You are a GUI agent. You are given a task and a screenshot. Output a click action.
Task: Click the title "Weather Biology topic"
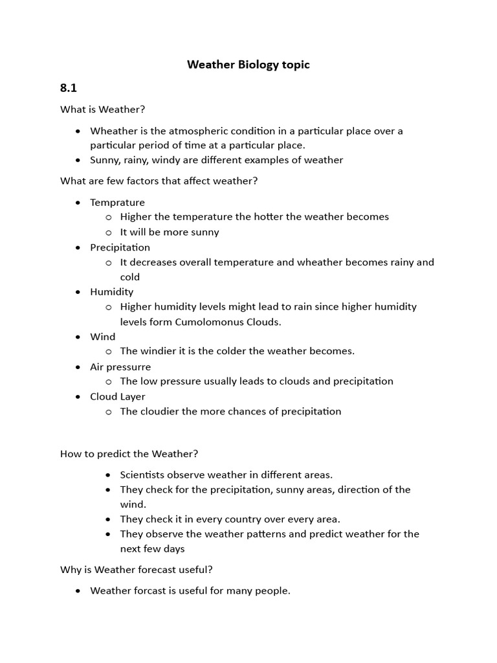(248, 65)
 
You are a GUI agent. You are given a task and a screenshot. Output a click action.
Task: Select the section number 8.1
(69, 87)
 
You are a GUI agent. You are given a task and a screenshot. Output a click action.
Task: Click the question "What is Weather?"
(103, 109)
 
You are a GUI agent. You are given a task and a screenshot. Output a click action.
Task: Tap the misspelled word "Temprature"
(117, 203)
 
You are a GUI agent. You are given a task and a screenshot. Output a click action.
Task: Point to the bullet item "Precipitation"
(120, 247)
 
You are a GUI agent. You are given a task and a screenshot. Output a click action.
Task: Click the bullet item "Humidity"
(111, 292)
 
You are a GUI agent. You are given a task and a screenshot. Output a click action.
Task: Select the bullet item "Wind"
(102, 337)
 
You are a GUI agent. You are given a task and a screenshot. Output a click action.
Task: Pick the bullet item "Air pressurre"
(120, 367)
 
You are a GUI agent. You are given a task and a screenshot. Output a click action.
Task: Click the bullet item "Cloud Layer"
(118, 397)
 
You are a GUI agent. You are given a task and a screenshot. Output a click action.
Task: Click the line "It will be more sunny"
(170, 232)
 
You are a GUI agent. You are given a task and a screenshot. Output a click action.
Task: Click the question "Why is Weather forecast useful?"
(137, 570)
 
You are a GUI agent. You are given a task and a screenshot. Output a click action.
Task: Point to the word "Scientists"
(144, 475)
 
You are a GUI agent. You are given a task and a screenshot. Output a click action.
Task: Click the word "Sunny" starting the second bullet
(104, 160)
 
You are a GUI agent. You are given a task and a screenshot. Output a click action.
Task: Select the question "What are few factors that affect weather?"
(159, 181)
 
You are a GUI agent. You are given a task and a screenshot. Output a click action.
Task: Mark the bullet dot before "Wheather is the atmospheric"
(78, 131)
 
